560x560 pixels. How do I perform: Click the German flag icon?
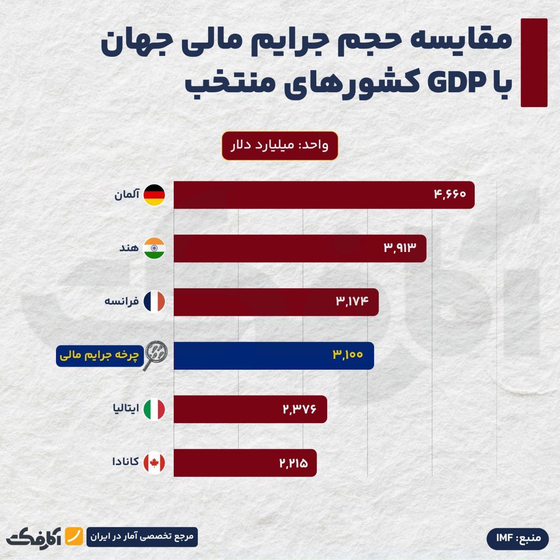click(x=154, y=195)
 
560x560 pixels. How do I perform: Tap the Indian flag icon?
click(x=154, y=248)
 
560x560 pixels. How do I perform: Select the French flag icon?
click(x=154, y=301)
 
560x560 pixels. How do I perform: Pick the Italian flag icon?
click(x=154, y=409)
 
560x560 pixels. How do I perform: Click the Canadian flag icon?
click(x=154, y=463)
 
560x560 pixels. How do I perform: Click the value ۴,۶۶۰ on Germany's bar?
click(x=450, y=194)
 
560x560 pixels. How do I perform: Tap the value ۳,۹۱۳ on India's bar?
click(x=400, y=248)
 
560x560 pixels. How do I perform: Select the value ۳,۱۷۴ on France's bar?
click(x=353, y=301)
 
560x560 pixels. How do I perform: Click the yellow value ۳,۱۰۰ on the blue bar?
click(x=348, y=355)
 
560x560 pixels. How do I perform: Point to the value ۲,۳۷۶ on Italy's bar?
click(x=299, y=409)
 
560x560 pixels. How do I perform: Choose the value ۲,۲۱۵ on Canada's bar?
click(x=294, y=463)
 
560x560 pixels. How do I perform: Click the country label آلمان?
click(x=127, y=195)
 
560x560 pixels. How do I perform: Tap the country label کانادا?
click(x=126, y=462)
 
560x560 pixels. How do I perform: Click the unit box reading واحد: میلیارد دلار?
click(x=280, y=146)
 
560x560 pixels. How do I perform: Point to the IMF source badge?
click(x=518, y=538)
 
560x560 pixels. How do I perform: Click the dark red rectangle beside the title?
click(x=534, y=63)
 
